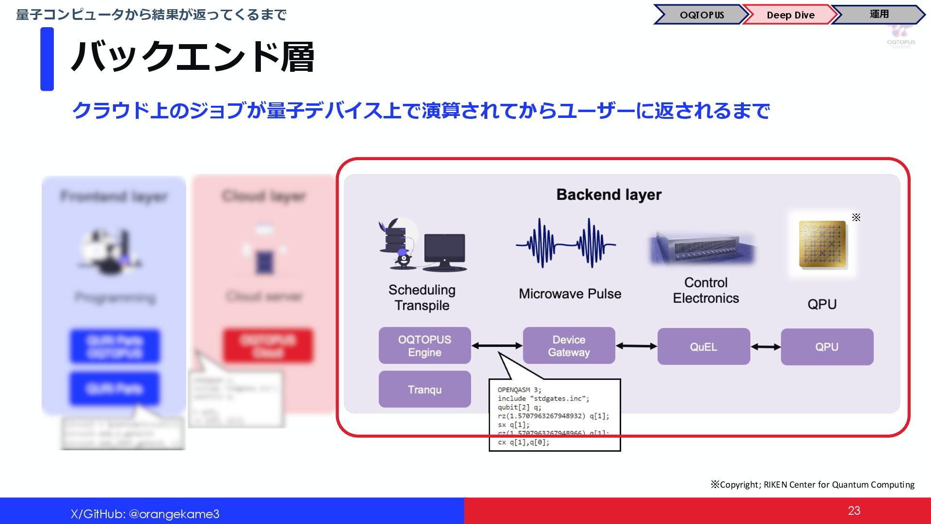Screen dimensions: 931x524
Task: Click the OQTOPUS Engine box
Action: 424,346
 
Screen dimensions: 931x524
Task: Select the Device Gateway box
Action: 569,346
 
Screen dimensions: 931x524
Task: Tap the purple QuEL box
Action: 703,347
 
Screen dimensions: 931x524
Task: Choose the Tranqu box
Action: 424,390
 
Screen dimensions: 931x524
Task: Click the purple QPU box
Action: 827,347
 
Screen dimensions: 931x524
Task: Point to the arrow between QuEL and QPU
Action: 766,347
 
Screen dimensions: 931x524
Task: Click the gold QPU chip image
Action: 822,244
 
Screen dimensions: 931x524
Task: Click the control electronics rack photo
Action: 702,248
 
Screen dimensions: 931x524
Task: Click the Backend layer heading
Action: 609,195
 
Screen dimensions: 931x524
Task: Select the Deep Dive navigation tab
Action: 790,15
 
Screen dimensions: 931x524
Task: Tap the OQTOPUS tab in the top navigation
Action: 701,15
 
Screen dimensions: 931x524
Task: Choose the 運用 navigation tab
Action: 879,15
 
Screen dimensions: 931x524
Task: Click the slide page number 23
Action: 854,510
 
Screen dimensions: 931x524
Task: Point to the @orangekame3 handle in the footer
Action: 174,514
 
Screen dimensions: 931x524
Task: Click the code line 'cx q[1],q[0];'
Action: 523,442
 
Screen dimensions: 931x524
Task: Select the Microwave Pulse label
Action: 570,294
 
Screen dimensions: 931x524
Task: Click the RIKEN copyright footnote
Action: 812,485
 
